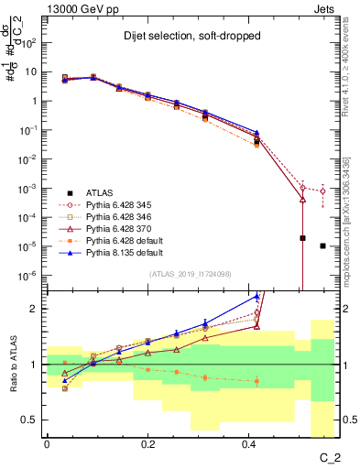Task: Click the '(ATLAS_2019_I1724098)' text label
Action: point(190,273)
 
